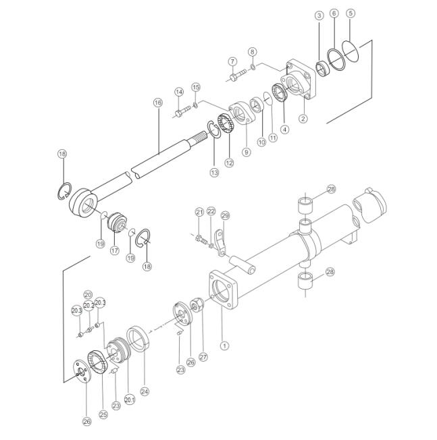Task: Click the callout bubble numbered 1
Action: [x=224, y=346]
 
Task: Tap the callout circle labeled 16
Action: [x=158, y=103]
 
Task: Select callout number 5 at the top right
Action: [x=351, y=13]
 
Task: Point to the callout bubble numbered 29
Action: [x=225, y=215]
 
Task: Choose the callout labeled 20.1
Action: [x=130, y=400]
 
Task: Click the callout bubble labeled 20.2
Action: [x=88, y=306]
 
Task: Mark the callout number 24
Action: [x=145, y=391]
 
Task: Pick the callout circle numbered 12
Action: [x=230, y=163]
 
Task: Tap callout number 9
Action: [x=247, y=152]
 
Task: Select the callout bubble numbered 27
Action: [x=203, y=357]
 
